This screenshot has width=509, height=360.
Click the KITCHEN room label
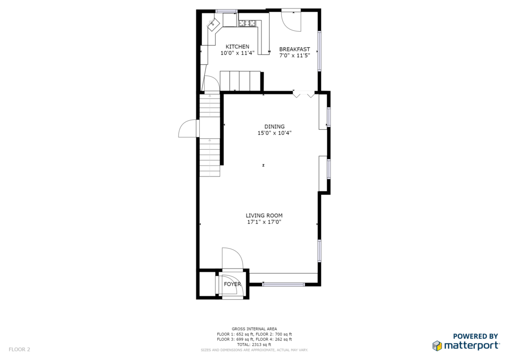click(237, 47)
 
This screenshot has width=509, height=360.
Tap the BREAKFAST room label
click(294, 49)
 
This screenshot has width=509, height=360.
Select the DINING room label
click(274, 127)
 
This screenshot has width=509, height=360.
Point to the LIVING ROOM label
click(264, 215)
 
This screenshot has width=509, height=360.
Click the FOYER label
click(233, 284)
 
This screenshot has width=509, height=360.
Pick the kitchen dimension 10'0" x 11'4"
click(237, 53)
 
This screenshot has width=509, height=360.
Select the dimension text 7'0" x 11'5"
click(294, 56)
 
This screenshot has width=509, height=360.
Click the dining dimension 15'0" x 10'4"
click(274, 133)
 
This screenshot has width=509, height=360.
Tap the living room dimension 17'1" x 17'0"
click(264, 222)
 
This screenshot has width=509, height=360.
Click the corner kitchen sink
click(213, 24)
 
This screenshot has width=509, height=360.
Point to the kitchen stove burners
click(248, 23)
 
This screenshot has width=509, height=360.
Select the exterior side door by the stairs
click(188, 129)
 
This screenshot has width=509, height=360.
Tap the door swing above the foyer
click(233, 259)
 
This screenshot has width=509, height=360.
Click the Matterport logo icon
click(437, 346)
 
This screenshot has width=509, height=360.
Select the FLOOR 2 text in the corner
click(19, 350)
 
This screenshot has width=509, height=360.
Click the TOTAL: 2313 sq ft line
click(254, 345)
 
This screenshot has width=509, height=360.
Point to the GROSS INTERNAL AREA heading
click(254, 329)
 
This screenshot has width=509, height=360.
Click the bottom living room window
click(284, 284)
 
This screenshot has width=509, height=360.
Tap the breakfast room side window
click(320, 51)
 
